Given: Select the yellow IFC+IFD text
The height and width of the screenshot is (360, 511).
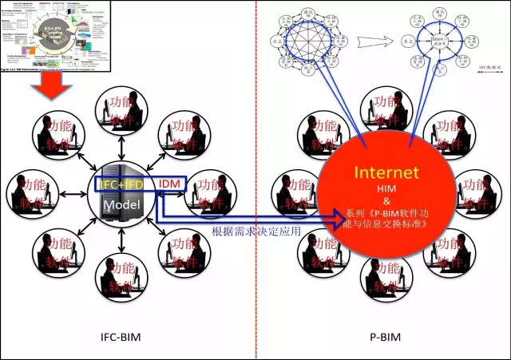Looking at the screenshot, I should (120, 184).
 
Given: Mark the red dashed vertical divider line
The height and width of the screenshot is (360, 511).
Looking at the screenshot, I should (256, 180).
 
